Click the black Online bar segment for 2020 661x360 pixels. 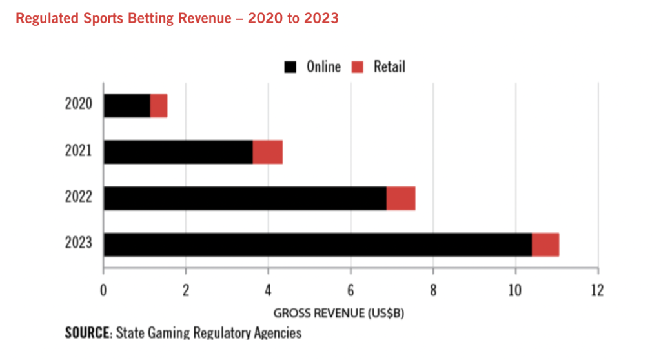click(x=127, y=106)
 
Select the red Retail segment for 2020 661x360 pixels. click(x=159, y=106)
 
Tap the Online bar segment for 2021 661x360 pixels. click(x=178, y=152)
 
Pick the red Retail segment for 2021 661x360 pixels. click(x=267, y=152)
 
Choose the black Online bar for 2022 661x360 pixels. click(x=245, y=198)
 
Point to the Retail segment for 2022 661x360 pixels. click(x=400, y=198)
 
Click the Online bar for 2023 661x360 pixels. click(x=318, y=245)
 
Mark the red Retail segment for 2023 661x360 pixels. click(x=545, y=245)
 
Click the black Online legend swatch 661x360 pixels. click(x=290, y=66)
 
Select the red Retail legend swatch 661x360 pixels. click(x=358, y=66)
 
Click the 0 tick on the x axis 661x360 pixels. click(x=103, y=289)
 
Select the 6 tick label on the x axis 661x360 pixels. click(x=351, y=289)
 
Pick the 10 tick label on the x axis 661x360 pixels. click(x=515, y=289)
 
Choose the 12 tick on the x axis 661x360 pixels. click(x=598, y=289)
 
